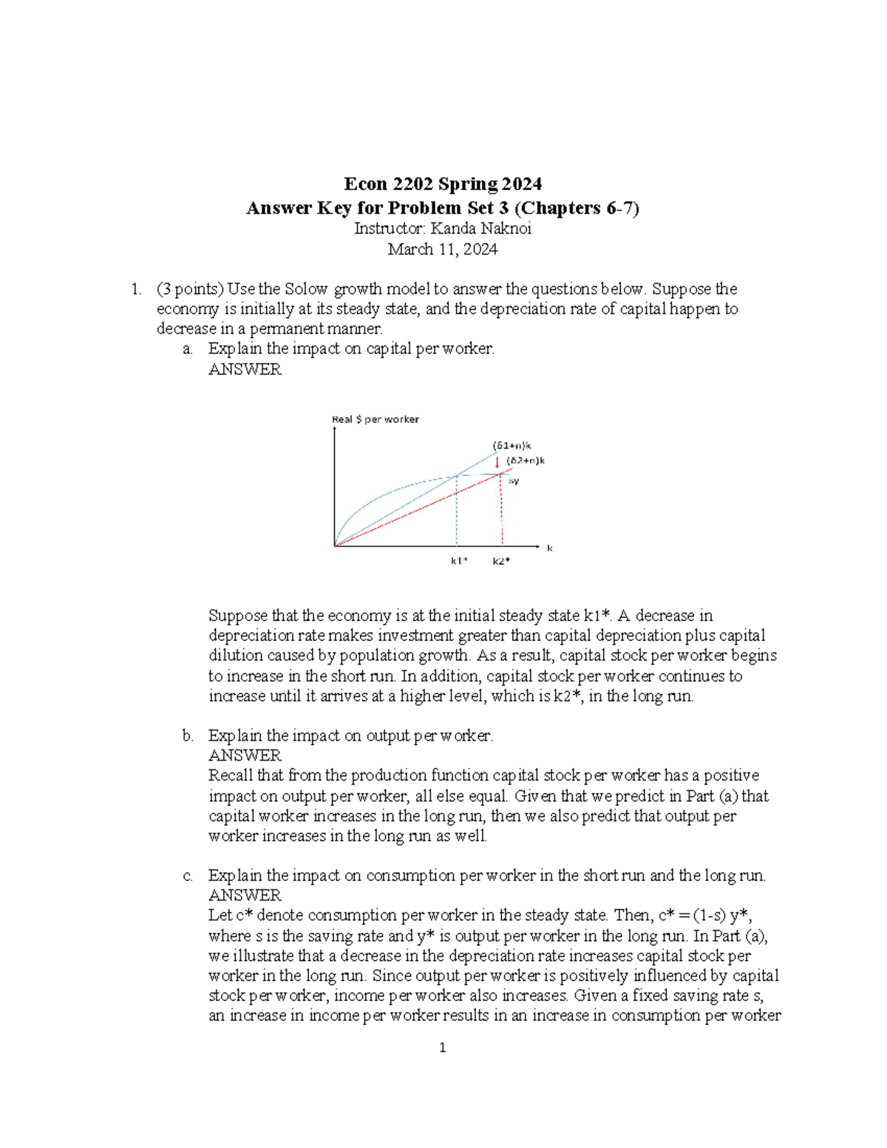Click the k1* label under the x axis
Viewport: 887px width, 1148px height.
point(459,561)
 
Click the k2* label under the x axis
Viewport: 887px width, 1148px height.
point(502,561)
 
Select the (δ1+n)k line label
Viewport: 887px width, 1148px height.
point(512,446)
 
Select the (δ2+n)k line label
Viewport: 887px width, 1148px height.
point(526,461)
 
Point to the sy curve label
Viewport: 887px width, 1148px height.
point(514,480)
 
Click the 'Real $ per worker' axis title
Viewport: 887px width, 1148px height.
point(375,419)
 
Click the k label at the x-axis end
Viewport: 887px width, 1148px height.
point(550,548)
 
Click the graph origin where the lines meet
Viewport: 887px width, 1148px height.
point(336,546)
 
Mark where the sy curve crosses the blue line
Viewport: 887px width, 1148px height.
point(457,475)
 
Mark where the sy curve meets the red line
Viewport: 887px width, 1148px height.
point(503,472)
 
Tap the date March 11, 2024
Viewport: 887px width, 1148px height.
point(443,249)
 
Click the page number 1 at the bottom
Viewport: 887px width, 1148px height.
point(442,1047)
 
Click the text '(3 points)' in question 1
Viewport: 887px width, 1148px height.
point(189,289)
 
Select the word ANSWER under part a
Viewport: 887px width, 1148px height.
point(245,370)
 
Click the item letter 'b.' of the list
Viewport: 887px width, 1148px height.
point(188,736)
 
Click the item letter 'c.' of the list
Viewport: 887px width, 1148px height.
point(188,876)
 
